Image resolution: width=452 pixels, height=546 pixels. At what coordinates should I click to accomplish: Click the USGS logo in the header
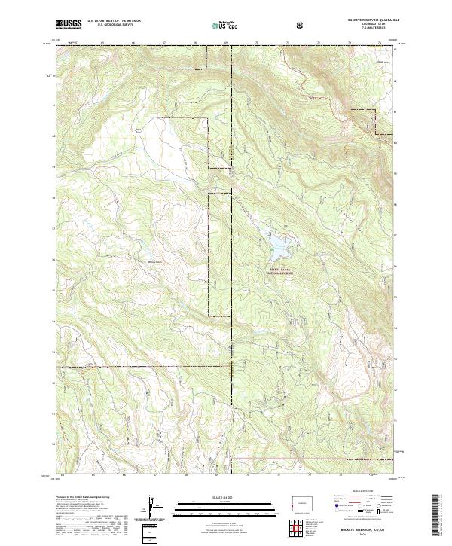pyautogui.click(x=69, y=25)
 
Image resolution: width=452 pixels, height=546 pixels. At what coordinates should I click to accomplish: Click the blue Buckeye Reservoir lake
pyautogui.click(x=277, y=242)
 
